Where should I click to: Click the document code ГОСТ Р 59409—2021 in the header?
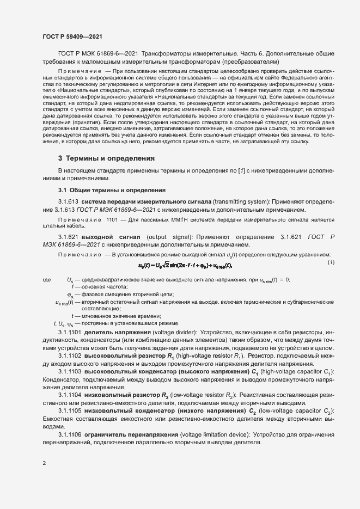pyautogui.click(x=71, y=36)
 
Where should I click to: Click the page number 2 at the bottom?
pyautogui.click(x=44, y=463)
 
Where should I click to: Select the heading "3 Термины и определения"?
pyautogui.click(x=106, y=158)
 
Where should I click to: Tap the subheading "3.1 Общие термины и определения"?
pyautogui.click(x=112, y=190)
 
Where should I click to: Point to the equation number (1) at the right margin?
pyautogui.click(x=331, y=263)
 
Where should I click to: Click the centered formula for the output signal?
pyautogui.click(x=185, y=266)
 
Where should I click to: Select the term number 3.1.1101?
pyautogui.click(x=70, y=332)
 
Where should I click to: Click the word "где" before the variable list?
pyautogui.click(x=47, y=280)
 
